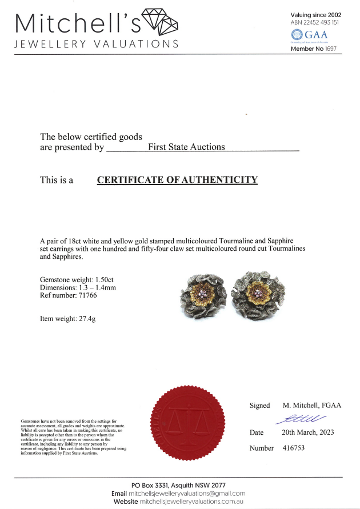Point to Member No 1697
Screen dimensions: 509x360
tap(316, 49)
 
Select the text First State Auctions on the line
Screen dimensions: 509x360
tap(186, 147)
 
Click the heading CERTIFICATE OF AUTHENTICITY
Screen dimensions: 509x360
tap(177, 180)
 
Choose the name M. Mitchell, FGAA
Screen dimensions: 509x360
tap(311, 406)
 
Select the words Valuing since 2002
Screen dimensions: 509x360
tap(316, 15)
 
